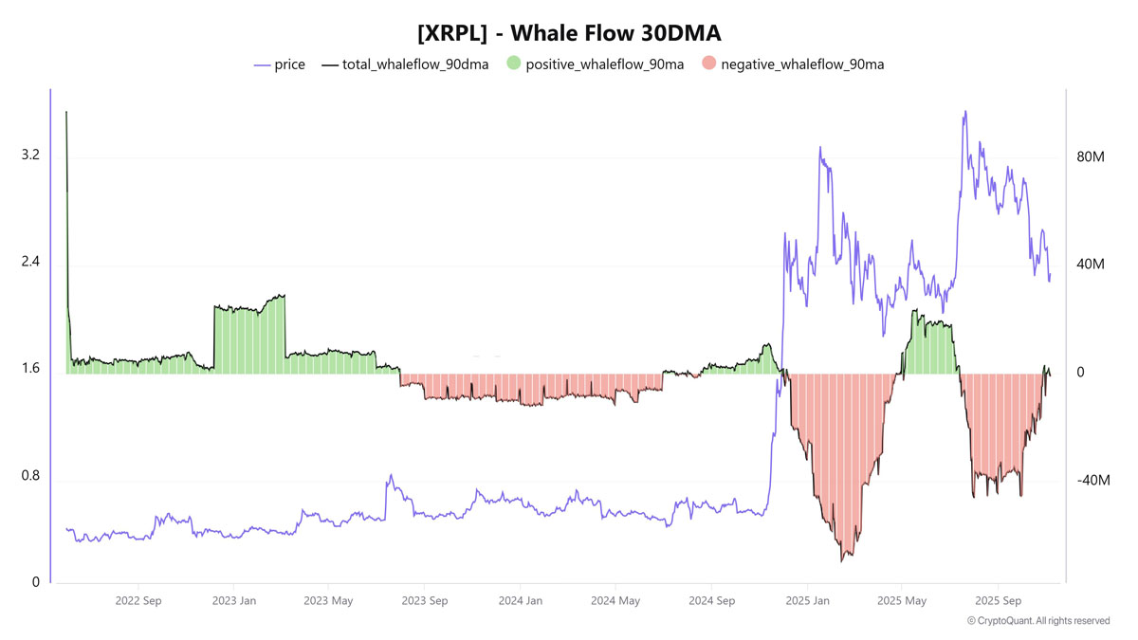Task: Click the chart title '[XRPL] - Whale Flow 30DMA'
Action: pyautogui.click(x=569, y=33)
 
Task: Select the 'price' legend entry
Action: pyautogui.click(x=289, y=64)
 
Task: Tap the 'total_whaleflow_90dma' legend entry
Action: pyautogui.click(x=415, y=64)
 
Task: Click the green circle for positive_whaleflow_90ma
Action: pyautogui.click(x=513, y=64)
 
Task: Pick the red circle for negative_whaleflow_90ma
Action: pyautogui.click(x=708, y=64)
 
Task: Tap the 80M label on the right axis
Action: pyautogui.click(x=1092, y=155)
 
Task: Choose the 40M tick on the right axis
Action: pyautogui.click(x=1092, y=264)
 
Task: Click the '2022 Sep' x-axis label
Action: pyautogui.click(x=139, y=601)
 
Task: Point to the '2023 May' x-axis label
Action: pyautogui.click(x=329, y=601)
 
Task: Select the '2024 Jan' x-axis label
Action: pyautogui.click(x=520, y=601)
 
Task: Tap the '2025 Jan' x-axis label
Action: pyautogui.click(x=806, y=601)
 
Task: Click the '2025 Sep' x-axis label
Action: pyautogui.click(x=997, y=601)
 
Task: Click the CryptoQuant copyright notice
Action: pyautogui.click(x=1038, y=621)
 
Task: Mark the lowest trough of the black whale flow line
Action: pyautogui.click(x=841, y=561)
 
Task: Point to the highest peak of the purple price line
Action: pyautogui.click(x=965, y=112)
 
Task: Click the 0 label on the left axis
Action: pyautogui.click(x=36, y=582)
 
